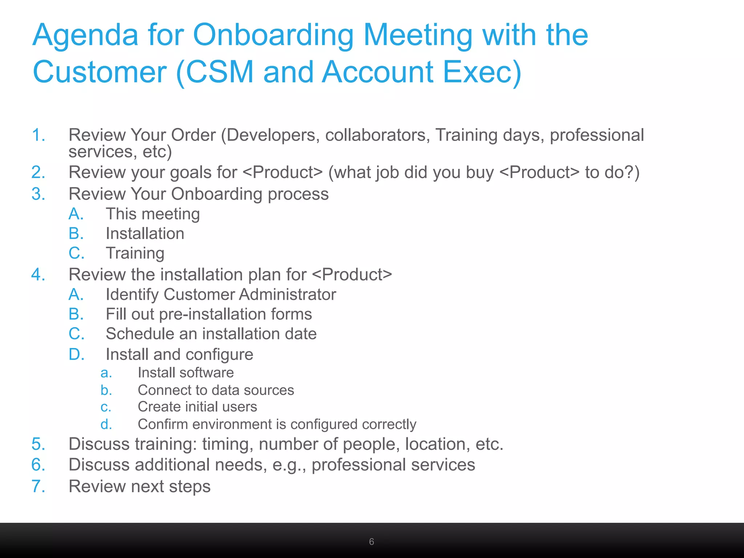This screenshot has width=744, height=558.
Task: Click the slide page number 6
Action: [x=371, y=542]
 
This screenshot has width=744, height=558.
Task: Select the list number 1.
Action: [x=38, y=135]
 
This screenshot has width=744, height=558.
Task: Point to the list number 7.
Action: [x=38, y=486]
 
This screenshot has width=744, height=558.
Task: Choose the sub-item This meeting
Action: [x=153, y=214]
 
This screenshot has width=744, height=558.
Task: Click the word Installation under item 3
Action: [x=145, y=234]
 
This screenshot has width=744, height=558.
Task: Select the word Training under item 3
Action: [x=135, y=253]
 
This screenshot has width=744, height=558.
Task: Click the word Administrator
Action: [x=287, y=295]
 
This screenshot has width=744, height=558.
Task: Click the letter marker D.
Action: [x=76, y=355]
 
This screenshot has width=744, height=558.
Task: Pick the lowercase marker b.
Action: [x=106, y=390]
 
